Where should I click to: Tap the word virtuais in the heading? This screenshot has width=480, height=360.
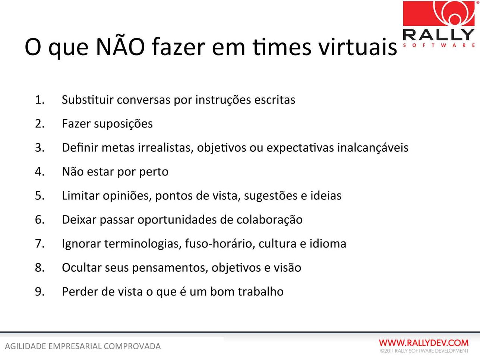pos(357,47)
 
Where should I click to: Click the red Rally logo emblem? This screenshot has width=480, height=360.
pos(439,13)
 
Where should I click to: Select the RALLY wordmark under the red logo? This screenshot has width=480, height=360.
pos(439,35)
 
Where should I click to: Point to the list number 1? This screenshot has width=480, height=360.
pos(40,100)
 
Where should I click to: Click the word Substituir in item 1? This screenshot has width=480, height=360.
pos(88,100)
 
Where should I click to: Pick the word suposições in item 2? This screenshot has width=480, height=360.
pos(123,124)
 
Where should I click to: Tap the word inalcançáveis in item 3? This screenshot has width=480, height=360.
pos(373,147)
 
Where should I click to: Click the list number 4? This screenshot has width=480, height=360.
pos(40,172)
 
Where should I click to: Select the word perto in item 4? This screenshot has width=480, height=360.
pos(154,172)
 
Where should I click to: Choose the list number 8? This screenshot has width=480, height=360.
pos(40,268)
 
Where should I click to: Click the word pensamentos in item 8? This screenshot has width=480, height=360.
pos(170,268)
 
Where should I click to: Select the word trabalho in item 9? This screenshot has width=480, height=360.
pos(260,291)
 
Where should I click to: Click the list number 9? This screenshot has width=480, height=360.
pos(40,292)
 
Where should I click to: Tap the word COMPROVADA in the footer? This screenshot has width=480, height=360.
pos(132,347)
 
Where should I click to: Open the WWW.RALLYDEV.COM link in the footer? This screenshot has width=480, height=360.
pos(424,343)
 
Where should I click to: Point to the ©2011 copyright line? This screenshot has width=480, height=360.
pos(424,351)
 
